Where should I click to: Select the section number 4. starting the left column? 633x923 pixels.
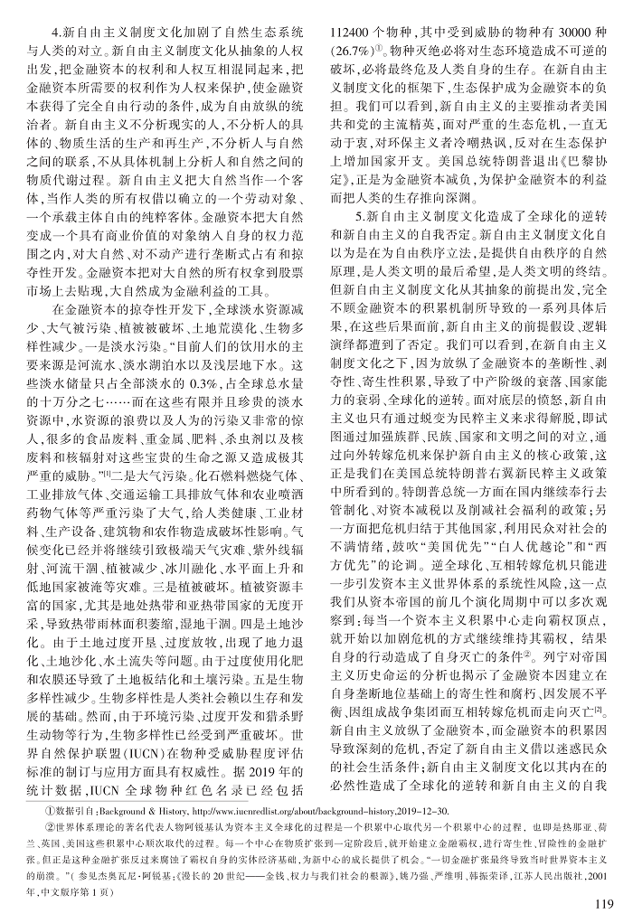point(56,26)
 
